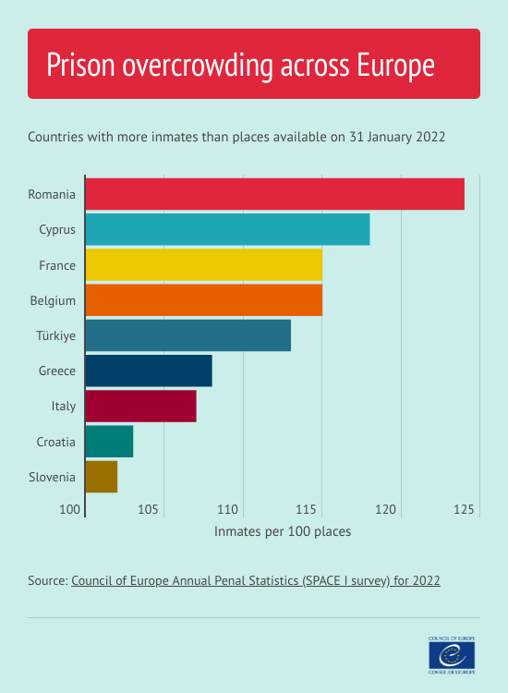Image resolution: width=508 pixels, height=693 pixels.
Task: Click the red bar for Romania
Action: point(274,194)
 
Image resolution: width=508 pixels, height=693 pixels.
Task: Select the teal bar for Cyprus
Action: point(227,229)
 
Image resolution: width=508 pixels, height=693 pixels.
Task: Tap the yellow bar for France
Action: point(203,264)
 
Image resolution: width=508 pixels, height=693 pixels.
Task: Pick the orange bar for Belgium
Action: point(203,300)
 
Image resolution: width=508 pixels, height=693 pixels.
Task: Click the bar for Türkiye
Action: point(187,335)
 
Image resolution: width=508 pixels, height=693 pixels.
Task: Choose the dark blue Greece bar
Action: point(149,371)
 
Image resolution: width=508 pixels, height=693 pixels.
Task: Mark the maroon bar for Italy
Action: point(140,406)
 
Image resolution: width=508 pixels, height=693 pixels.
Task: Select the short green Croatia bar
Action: point(109,442)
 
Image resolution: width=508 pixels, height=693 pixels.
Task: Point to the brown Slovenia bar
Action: point(101,477)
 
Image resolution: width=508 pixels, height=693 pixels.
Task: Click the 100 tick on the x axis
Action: point(70,509)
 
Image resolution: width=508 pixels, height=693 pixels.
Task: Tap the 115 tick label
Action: point(308,509)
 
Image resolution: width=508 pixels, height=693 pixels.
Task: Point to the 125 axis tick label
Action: point(465,509)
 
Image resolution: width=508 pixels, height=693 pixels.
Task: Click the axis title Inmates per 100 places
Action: point(283,532)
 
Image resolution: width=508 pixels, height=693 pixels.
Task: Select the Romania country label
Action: point(52,194)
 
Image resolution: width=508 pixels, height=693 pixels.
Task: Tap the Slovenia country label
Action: point(52,477)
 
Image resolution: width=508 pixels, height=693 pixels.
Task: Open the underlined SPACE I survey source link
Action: point(256,581)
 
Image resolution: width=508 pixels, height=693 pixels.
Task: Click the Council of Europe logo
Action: point(453,655)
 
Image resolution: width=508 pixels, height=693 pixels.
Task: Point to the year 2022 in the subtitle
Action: point(430,137)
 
